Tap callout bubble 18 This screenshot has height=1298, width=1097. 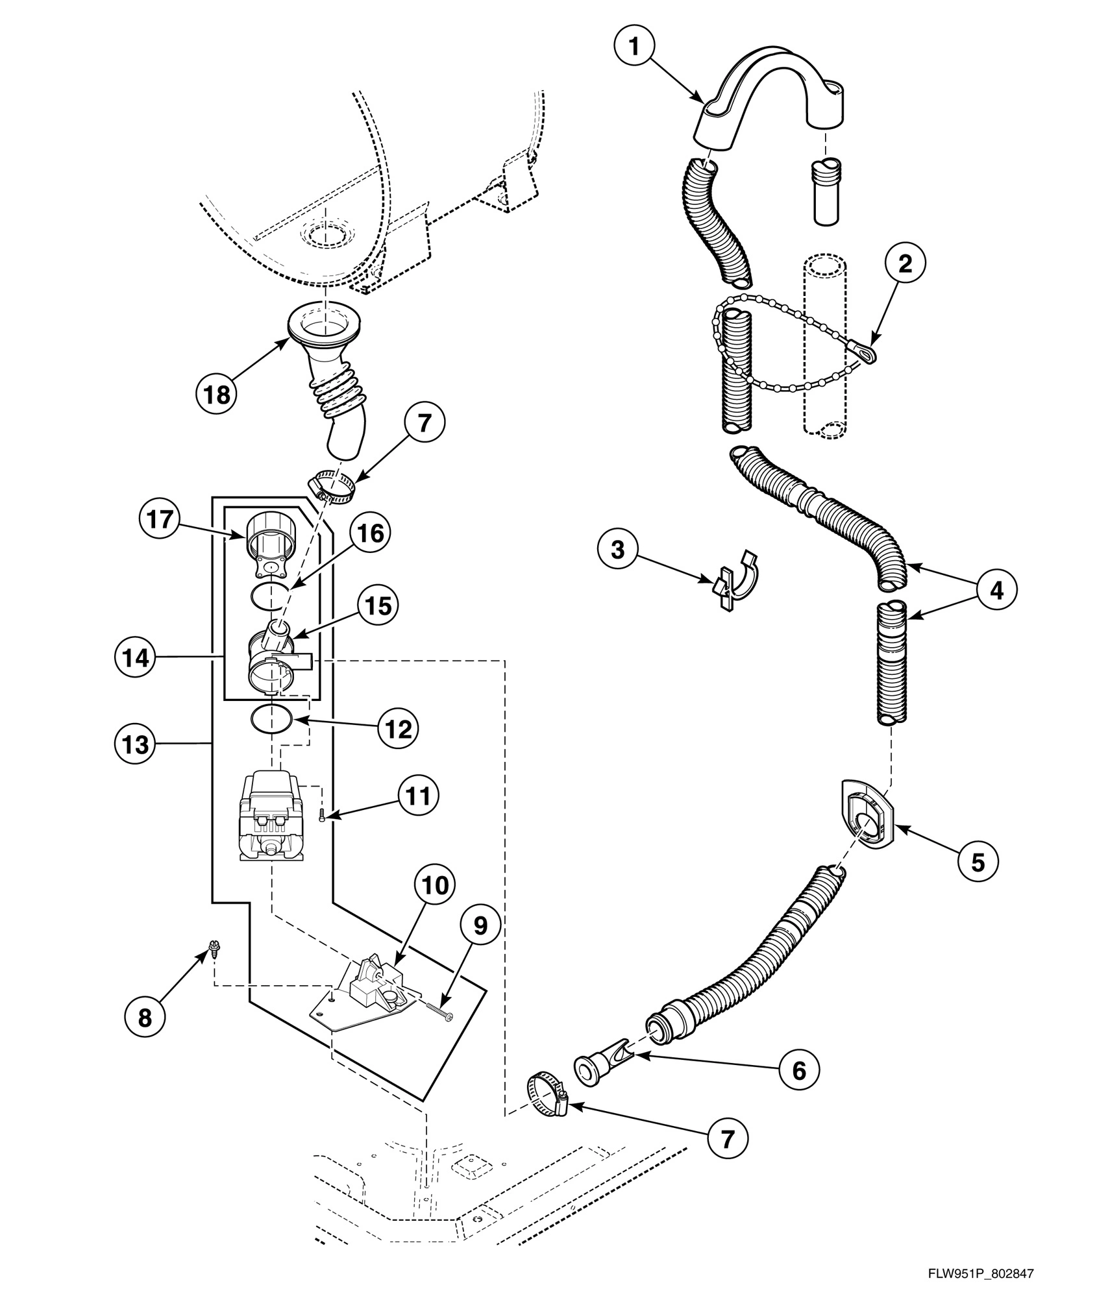click(217, 394)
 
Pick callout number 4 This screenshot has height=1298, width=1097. click(996, 589)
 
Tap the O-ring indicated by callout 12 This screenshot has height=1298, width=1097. click(271, 719)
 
